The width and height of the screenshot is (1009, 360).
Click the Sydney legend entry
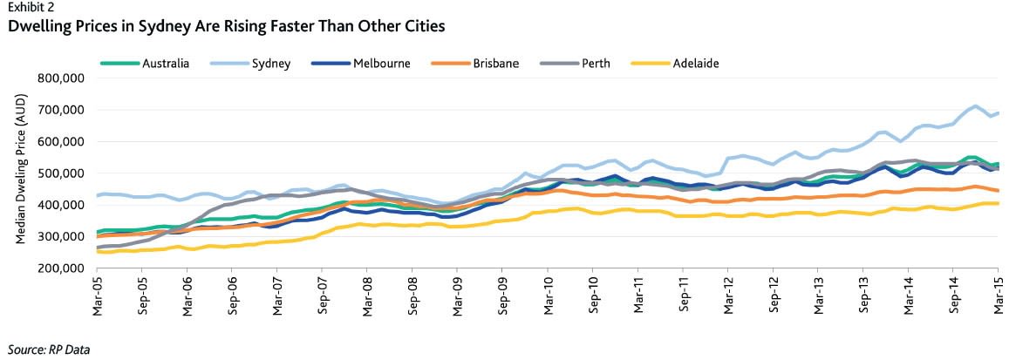[x=270, y=64]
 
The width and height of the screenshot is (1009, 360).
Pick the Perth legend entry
[x=596, y=64]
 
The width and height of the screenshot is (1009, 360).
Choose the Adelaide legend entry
[x=696, y=64]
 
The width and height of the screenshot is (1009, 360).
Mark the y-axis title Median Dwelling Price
[x=21, y=173]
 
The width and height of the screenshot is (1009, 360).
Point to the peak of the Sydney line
[x=974, y=106]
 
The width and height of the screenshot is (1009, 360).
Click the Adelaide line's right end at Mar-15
[x=998, y=203]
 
